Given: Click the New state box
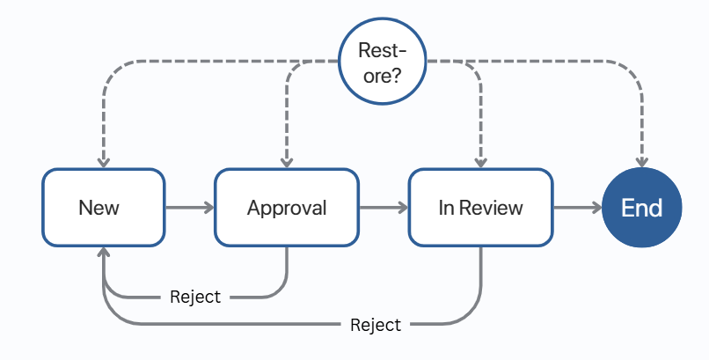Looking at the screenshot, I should tap(103, 208).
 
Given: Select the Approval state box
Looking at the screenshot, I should tap(287, 208).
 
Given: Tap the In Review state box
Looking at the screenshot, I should tap(480, 208).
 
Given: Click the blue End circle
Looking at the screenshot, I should tap(642, 208).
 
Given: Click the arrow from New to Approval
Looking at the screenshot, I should tap(189, 208).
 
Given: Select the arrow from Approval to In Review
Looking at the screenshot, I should tap(384, 208).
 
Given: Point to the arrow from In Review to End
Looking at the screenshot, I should tap(578, 208).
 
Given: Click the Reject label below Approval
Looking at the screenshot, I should tap(195, 297).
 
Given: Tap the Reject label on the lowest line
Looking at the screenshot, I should tap(376, 325).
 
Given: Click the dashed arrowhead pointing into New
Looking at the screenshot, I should tap(104, 161).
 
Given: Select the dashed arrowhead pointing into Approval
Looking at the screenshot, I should tap(287, 161).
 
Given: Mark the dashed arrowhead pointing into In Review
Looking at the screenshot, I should tap(480, 161).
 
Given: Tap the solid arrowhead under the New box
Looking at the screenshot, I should tap(104, 253).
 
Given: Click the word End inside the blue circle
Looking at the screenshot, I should tap(642, 208).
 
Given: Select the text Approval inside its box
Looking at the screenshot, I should tap(287, 208).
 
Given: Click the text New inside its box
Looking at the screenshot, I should tap(99, 208).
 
